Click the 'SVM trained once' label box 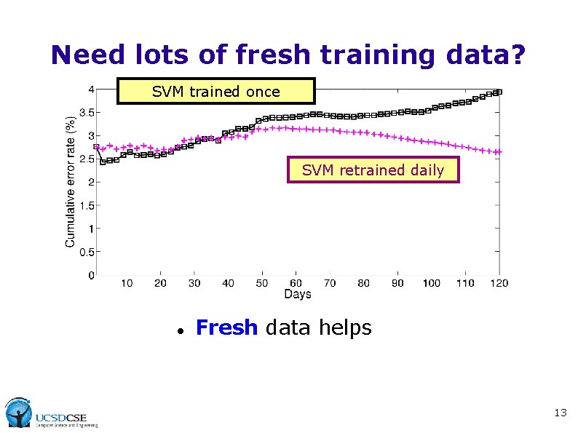tap(215, 92)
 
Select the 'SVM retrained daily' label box tap(373, 170)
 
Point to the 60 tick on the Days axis tap(296, 282)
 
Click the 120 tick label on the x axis tap(499, 282)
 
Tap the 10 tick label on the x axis tap(127, 282)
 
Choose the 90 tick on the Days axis tap(397, 282)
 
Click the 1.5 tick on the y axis tap(85, 205)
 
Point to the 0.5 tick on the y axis tap(85, 252)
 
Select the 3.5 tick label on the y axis tap(85, 112)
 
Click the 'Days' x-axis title tap(297, 294)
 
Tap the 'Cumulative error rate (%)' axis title tap(71, 181)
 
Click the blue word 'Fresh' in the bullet tap(226, 328)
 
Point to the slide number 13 tap(560, 413)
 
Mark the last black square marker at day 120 tap(499, 92)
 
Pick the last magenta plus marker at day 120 tap(498, 152)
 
